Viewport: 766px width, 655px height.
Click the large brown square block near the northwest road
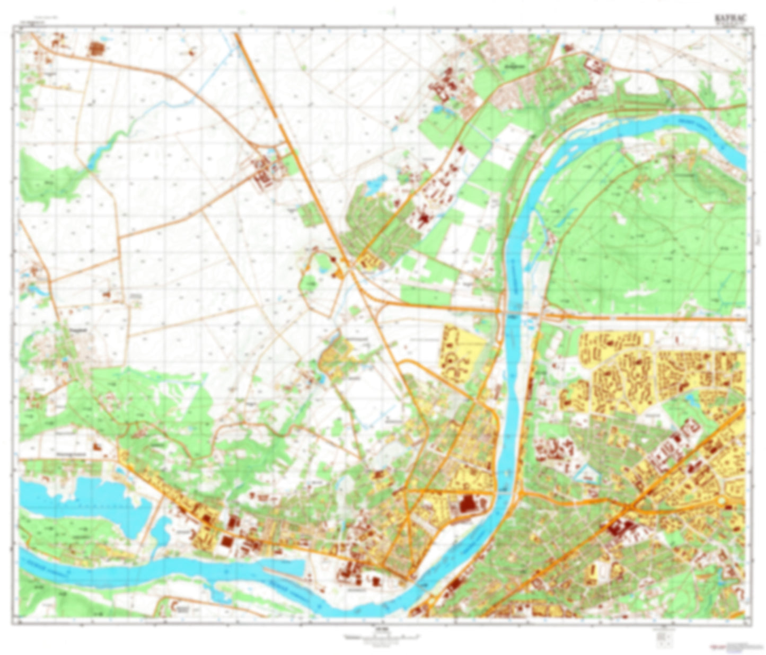click(97, 49)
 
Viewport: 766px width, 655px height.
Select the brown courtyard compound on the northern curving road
click(595, 65)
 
